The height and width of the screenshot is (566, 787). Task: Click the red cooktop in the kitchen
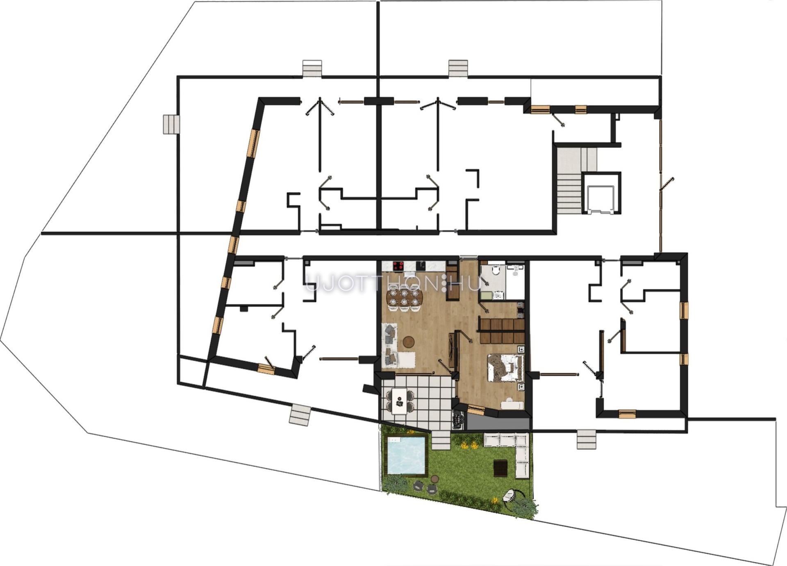(398, 266)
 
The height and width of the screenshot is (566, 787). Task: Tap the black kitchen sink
(421, 266)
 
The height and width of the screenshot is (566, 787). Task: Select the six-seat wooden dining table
(404, 298)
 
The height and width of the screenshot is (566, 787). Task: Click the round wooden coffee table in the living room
(409, 342)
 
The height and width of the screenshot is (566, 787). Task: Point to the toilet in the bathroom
(495, 270)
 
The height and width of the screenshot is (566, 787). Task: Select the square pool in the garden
(406, 455)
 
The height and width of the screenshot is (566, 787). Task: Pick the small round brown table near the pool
(434, 479)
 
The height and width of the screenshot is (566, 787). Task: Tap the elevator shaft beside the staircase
(601, 193)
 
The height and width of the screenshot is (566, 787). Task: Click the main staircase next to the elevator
(569, 181)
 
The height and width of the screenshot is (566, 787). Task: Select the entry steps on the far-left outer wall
(171, 124)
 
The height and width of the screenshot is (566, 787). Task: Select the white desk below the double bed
(512, 405)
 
